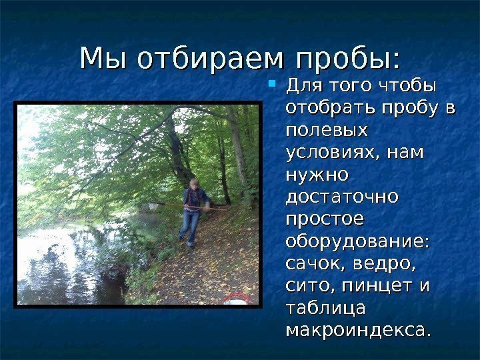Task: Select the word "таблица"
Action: pos(325,307)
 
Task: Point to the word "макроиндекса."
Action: pos(358,330)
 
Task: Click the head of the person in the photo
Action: pos(194,183)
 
